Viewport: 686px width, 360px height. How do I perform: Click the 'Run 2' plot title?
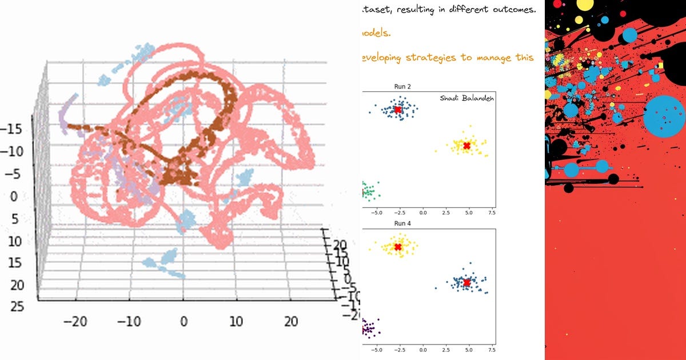402,86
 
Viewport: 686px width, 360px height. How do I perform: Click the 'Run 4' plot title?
402,223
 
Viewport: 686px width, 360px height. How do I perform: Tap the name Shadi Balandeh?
466,98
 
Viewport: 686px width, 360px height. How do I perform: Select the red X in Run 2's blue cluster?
398,110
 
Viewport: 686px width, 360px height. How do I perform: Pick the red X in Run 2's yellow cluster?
466,146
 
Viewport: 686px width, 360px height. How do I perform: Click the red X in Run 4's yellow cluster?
398,247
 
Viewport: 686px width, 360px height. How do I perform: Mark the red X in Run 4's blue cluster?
466,283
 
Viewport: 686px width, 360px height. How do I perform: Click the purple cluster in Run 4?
369,329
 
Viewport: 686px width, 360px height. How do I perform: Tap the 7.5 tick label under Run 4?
490,349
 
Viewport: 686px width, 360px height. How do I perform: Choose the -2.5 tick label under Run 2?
398,211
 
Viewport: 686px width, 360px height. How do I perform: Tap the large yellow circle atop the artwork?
585,5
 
